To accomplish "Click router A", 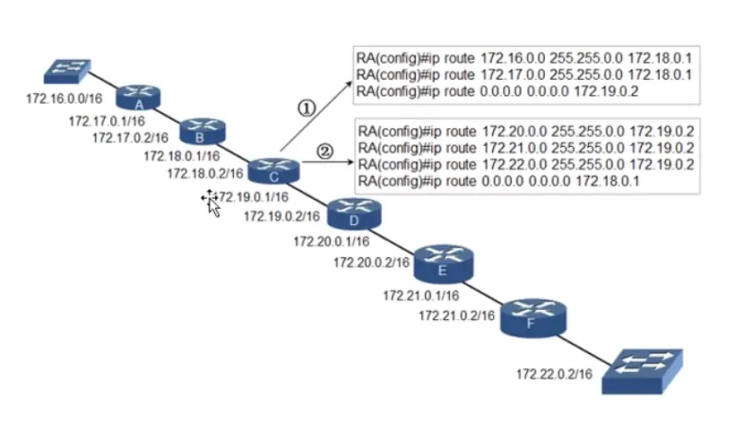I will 137,96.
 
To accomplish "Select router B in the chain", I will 200,131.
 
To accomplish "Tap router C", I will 273,168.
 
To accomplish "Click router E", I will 443,261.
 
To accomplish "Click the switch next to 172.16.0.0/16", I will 68,69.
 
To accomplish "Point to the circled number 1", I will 306,108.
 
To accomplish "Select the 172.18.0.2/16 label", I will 205,174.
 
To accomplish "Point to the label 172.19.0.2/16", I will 281,216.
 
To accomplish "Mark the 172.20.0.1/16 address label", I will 332,241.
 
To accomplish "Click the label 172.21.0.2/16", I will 457,315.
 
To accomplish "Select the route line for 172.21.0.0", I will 526,147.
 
